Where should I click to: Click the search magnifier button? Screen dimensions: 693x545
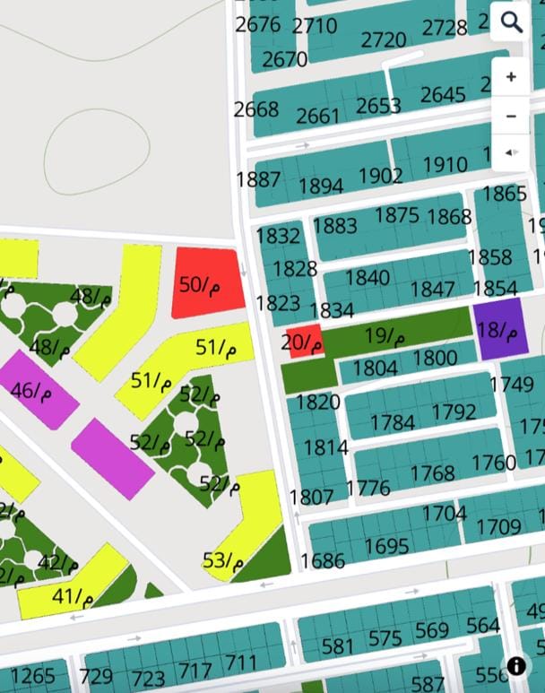point(511,22)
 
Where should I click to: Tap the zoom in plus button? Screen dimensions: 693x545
point(511,77)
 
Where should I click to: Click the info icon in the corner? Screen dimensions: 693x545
point(516,665)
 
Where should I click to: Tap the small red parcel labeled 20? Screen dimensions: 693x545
point(303,342)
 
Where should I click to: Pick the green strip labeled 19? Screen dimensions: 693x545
point(386,336)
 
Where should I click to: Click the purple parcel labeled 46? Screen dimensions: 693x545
point(35,389)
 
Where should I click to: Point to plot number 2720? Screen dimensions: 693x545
point(384,40)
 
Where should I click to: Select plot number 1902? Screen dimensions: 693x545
point(380,176)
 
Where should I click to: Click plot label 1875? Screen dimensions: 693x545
point(397,215)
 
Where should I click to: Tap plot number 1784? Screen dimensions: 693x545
point(392,422)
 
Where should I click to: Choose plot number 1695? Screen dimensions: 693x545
point(386,546)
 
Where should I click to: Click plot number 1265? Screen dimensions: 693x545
point(32,675)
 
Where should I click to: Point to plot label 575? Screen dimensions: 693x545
point(385,638)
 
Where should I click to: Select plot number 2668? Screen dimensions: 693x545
point(256,109)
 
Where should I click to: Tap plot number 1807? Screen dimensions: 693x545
point(311,496)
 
